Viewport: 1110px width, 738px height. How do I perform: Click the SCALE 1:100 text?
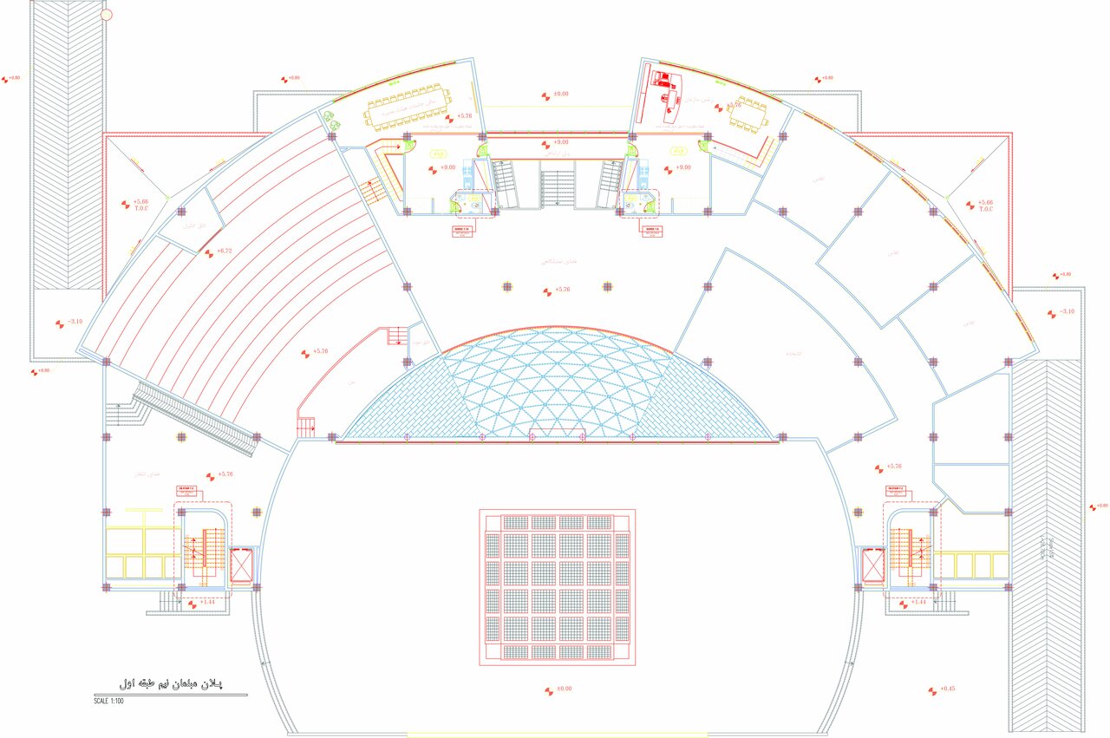point(109,701)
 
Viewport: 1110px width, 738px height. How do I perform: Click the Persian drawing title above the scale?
point(170,684)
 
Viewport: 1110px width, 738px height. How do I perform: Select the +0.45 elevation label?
point(947,689)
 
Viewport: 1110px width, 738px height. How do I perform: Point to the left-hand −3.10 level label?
point(75,322)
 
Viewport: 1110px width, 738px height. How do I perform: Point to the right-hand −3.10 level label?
point(1066,311)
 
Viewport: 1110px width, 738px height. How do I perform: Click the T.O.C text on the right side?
point(985,210)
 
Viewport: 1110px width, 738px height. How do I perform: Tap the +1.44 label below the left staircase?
point(208,601)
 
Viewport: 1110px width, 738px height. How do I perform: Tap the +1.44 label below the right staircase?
point(918,601)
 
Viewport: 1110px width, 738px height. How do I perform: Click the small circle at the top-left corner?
point(107,14)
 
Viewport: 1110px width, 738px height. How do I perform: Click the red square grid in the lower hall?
point(558,586)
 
